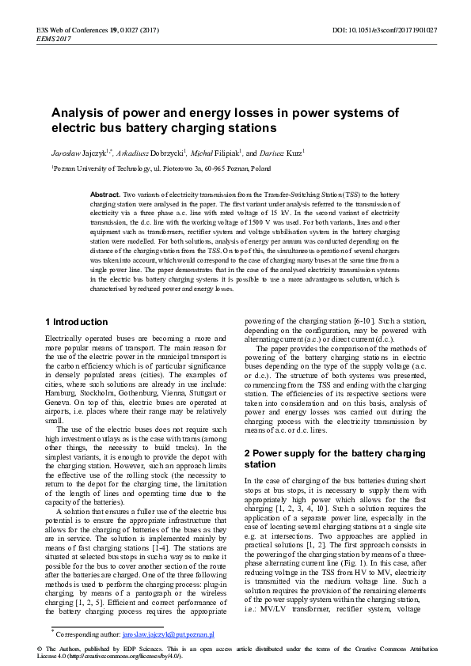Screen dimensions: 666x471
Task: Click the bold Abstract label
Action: (105, 194)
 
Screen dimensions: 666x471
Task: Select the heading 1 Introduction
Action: (77, 322)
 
